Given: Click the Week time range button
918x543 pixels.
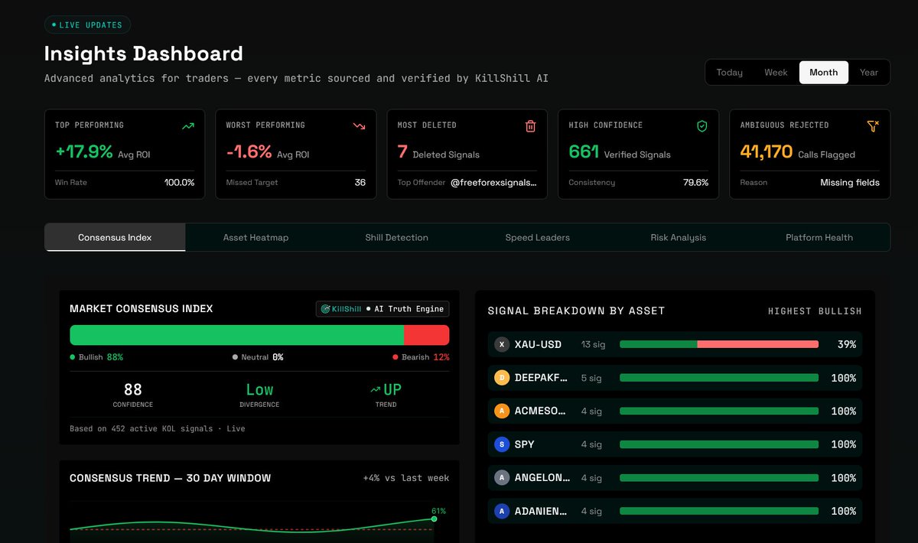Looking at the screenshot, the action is (776, 73).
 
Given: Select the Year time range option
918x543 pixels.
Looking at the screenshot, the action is (868, 73).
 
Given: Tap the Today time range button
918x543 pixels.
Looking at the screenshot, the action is (729, 73).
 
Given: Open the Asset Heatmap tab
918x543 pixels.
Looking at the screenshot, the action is (256, 237).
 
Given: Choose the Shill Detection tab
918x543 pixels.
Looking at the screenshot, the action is (396, 237).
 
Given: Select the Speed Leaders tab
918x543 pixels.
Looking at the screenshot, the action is (537, 237).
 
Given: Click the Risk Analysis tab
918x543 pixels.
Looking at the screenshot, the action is (679, 237).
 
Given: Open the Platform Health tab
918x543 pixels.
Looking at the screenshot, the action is (819, 237).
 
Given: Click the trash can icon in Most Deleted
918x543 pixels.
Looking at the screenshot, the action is (530, 126).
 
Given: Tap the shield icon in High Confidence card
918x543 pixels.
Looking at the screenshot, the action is (702, 126).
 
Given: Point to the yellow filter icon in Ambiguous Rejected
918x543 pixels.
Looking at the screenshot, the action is (873, 126).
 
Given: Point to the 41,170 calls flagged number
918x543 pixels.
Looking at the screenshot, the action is (766, 151).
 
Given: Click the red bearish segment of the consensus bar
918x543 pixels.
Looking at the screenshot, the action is (426, 335).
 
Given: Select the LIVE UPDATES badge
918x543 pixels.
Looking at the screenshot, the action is (87, 25).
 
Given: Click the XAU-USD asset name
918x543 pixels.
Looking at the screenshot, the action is (538, 344).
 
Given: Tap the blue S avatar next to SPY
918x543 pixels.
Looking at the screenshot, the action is (502, 444).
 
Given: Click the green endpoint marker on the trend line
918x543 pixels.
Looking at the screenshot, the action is (434, 519).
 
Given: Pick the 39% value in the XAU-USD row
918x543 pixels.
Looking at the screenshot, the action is (847, 344).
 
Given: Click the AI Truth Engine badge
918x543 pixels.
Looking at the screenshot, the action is (382, 309).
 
